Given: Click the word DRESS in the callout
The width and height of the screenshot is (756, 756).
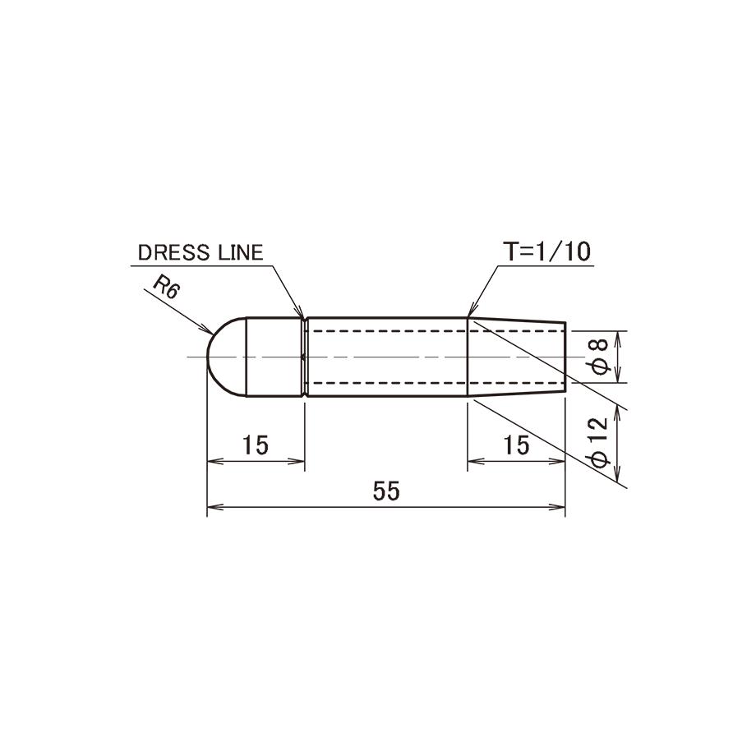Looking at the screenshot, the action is [x=174, y=252].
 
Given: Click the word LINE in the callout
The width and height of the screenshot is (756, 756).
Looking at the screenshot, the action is [x=241, y=252].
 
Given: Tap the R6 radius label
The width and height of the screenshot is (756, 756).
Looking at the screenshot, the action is [x=166, y=288].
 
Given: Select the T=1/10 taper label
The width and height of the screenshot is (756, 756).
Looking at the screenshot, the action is [x=546, y=251].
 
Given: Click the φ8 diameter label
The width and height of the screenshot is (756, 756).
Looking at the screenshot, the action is [x=600, y=357].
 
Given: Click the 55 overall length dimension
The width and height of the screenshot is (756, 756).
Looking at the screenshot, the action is [x=387, y=491].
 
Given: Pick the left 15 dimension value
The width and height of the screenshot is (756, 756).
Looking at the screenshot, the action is [x=256, y=445].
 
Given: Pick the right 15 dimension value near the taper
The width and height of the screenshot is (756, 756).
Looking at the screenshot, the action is [x=516, y=445].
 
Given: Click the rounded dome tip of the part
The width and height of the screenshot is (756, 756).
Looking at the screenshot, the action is [x=208, y=357].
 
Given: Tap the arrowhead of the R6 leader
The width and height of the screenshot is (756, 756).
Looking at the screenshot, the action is [x=207, y=330].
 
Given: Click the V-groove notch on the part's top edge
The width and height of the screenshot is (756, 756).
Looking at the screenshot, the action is [x=305, y=319].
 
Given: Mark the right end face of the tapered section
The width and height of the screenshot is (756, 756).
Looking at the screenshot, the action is [x=565, y=357].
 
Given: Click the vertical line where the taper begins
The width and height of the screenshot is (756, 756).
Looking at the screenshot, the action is [x=468, y=357].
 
